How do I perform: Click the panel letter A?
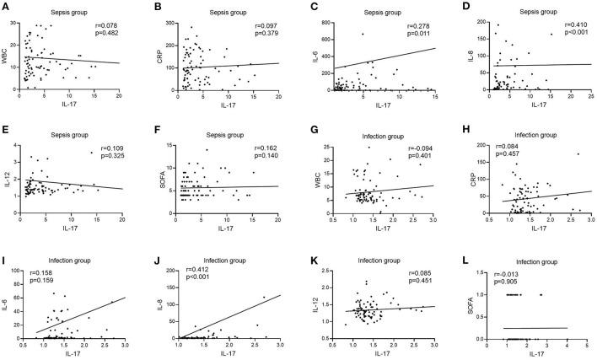[5, 7]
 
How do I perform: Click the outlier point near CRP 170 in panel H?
[578, 153]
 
